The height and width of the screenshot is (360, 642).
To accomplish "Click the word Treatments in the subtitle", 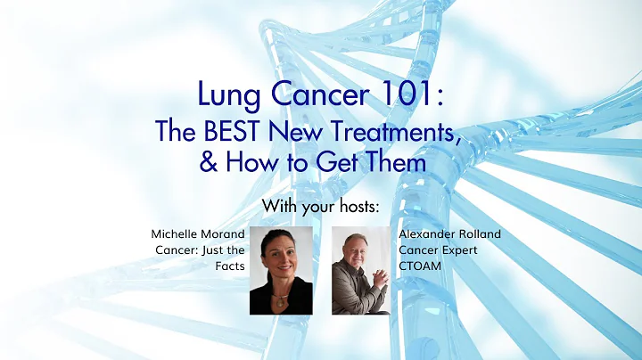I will tap(389, 133).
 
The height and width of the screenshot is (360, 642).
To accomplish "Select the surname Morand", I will tap(222, 234).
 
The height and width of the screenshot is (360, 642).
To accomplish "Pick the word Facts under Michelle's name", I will tap(228, 266).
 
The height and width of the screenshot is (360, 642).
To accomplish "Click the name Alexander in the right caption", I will tap(428, 234).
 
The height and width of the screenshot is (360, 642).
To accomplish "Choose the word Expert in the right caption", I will tap(458, 250).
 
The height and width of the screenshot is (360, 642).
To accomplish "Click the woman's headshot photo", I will tap(281, 270).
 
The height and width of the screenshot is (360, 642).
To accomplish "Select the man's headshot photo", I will tap(359, 270).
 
